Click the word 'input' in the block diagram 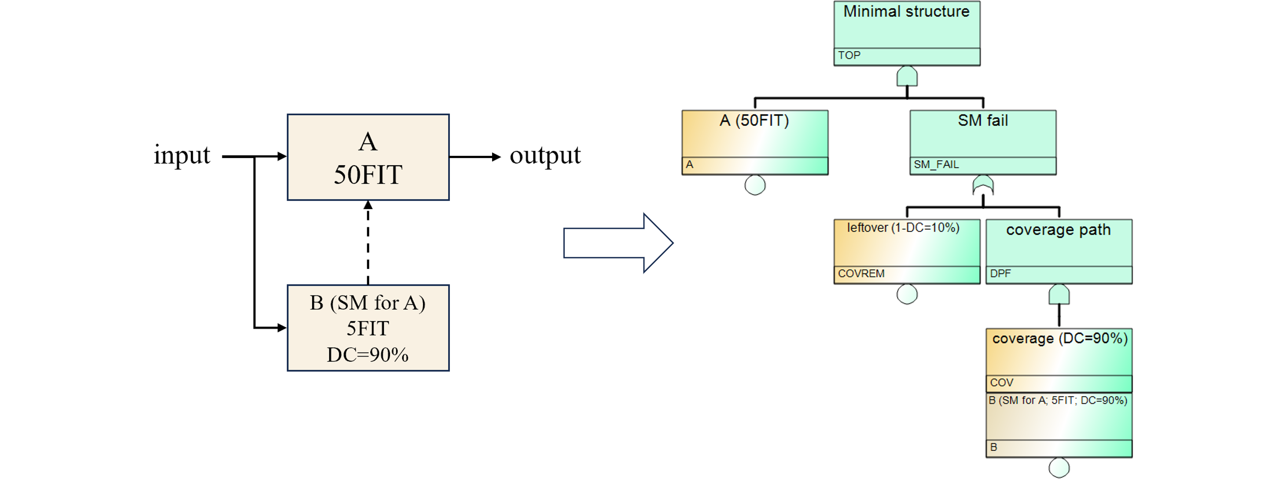182,155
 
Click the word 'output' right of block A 544,155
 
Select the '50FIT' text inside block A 368,175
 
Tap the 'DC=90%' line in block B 368,355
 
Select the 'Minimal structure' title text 906,11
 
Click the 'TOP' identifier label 849,55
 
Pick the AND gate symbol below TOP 907,77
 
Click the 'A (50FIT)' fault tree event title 754,120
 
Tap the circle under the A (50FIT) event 755,185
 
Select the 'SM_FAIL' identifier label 936,164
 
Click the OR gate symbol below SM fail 983,185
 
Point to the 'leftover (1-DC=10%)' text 903,228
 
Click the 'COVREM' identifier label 861,274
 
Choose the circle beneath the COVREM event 907,294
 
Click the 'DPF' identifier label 1000,274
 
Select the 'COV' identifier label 1002,383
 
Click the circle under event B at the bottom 1059,468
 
